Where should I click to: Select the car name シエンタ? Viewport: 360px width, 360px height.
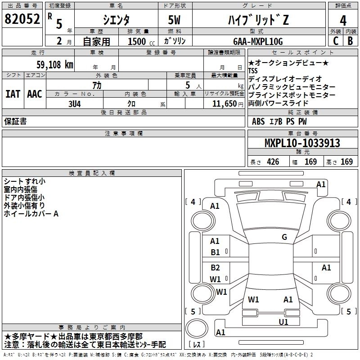(116, 20)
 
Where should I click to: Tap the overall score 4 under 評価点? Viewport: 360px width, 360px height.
(343, 20)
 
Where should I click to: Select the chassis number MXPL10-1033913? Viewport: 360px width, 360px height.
(302, 143)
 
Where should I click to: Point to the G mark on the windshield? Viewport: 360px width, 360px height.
(284, 237)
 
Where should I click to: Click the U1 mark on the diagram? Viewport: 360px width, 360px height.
(283, 322)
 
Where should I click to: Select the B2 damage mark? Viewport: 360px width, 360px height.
(216, 268)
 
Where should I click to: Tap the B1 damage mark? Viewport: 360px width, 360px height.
(216, 252)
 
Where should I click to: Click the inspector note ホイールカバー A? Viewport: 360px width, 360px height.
(31, 214)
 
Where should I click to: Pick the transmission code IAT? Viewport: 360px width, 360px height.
(13, 94)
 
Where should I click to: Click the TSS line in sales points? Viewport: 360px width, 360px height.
(254, 71)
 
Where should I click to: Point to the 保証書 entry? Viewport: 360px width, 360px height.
(15, 121)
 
